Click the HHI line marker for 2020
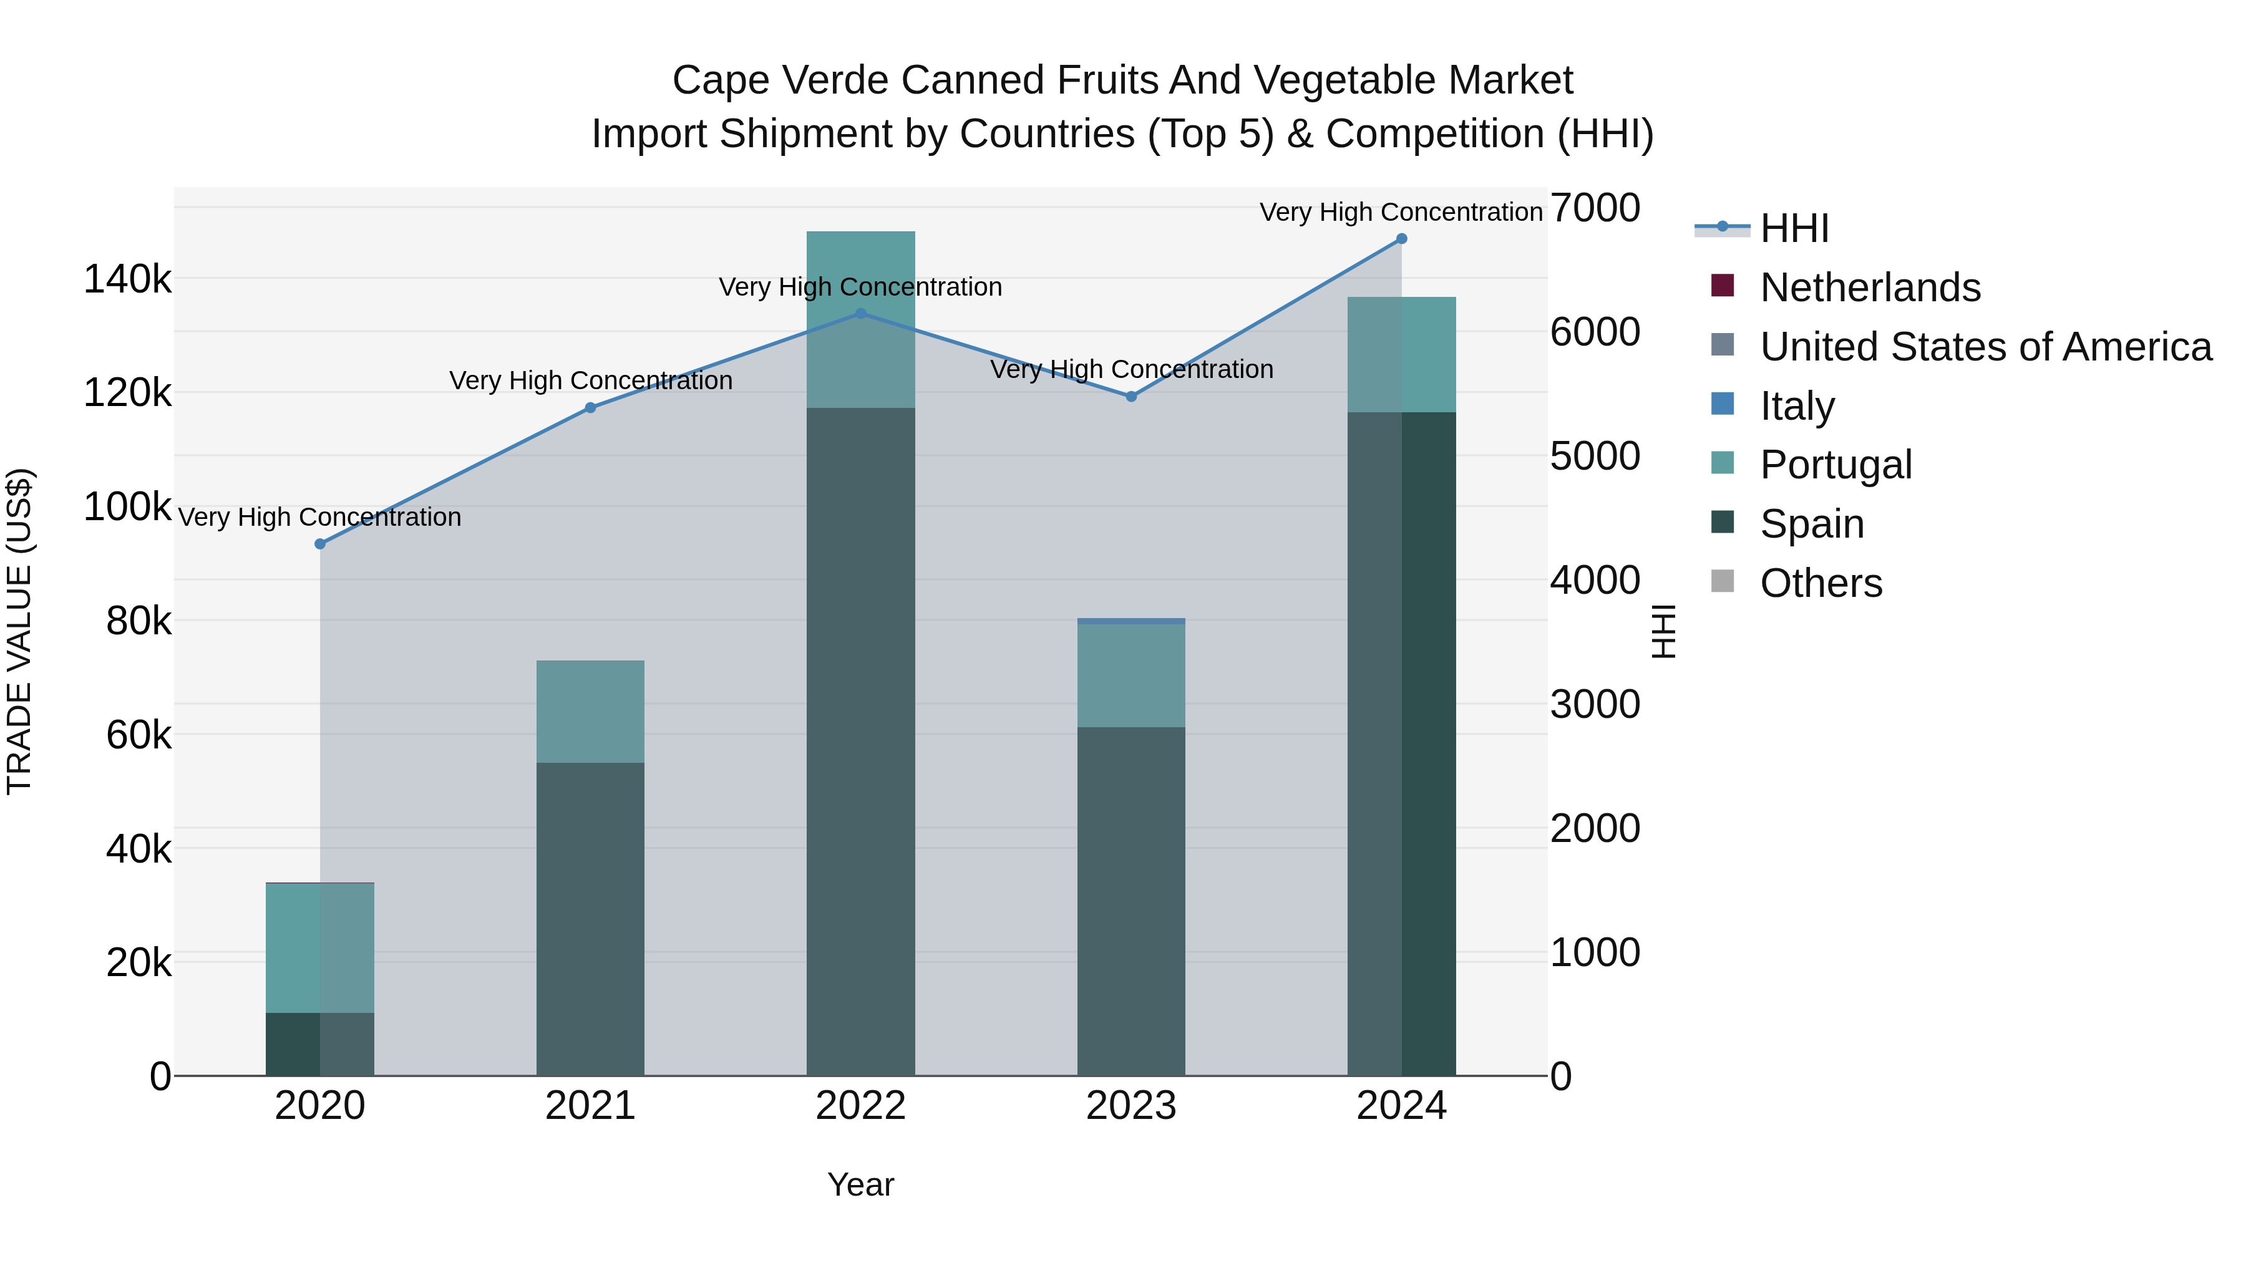[320, 544]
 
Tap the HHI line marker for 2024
[1401, 239]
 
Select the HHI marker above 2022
[860, 314]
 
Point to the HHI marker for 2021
[590, 408]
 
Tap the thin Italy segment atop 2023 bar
[1131, 621]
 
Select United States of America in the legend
[1985, 347]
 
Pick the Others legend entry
[1821, 583]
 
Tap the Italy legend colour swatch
[1723, 404]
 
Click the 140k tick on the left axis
[127, 280]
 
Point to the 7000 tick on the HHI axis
[1595, 208]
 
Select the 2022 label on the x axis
[860, 1106]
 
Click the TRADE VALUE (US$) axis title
[19, 631]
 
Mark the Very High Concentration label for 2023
[1131, 370]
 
